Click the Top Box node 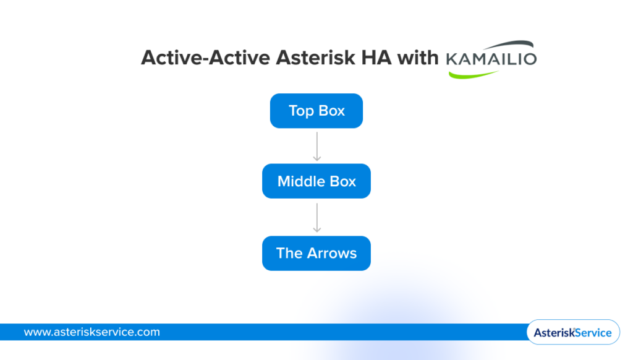tap(316, 111)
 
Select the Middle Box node tap(316, 181)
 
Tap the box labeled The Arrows tap(316, 253)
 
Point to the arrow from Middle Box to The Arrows tap(316, 216)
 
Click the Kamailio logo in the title tap(491, 59)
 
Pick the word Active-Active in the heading tap(205, 58)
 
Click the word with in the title tap(418, 58)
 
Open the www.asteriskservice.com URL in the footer tap(91, 332)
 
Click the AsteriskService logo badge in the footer tap(572, 332)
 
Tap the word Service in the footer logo tap(592, 333)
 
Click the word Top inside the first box tap(300, 111)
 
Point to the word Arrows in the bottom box tap(333, 253)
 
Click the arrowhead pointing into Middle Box tap(316, 158)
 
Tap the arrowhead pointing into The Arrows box tap(316, 229)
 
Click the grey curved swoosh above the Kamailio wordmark tap(507, 45)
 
